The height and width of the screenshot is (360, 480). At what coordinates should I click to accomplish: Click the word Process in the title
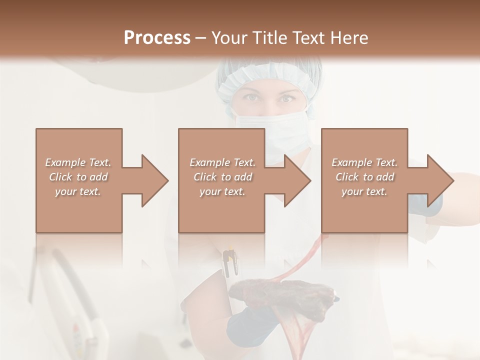point(157,38)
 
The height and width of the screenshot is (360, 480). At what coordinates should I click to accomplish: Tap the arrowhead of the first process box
point(155,180)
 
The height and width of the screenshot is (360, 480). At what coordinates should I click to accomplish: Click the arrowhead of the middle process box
point(298,180)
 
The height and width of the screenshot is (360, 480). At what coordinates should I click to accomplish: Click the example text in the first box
point(78,177)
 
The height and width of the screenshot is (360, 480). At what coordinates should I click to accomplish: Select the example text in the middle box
point(222,177)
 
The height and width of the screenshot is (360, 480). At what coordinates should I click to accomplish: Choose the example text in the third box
point(364,177)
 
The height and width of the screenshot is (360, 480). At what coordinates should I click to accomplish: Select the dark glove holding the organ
point(250,322)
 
